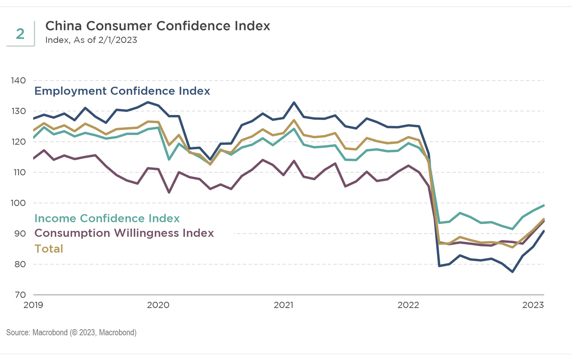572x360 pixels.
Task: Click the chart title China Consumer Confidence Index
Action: coord(158,26)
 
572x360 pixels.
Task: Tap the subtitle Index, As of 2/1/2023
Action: coord(91,40)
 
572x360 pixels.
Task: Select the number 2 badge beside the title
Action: coord(20,34)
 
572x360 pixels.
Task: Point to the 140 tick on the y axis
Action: coord(18,80)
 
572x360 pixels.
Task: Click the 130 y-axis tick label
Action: coord(18,111)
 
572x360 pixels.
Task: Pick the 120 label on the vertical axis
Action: coord(18,142)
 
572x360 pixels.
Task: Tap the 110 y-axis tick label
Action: coord(18,172)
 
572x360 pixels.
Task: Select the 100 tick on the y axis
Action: coord(18,203)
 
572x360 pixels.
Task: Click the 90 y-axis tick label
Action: coord(20,233)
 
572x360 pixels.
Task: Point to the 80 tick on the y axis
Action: coord(20,264)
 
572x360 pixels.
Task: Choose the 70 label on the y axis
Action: coord(20,295)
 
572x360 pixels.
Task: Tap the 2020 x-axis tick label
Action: coord(158,305)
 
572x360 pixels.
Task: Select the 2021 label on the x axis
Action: coord(283,305)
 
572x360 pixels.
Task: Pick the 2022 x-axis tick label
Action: coord(408,305)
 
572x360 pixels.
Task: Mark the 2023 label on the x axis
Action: coord(533,305)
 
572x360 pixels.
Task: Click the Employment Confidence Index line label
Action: coord(122,91)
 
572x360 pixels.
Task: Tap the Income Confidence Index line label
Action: coord(107,218)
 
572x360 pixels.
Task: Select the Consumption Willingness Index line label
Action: coord(124,233)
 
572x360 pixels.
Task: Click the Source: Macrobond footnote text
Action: coord(71,333)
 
